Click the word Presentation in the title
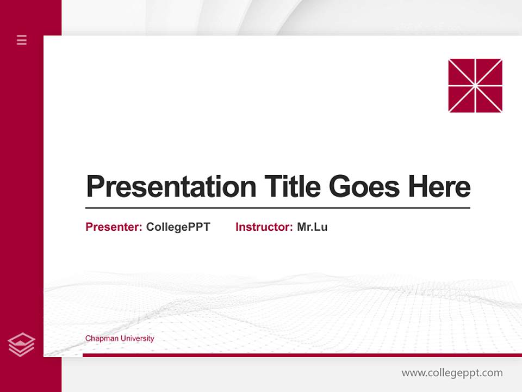(171, 187)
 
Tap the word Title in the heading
(293, 187)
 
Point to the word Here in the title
(439, 187)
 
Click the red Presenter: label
(114, 227)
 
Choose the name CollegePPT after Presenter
(178, 227)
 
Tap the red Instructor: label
(264, 227)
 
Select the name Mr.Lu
(312, 227)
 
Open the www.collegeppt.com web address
(452, 373)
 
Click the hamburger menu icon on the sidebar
(22, 40)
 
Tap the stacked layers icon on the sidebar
(21, 345)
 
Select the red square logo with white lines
(475, 85)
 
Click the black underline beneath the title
(277, 208)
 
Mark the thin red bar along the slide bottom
(302, 355)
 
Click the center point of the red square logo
(475, 85)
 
